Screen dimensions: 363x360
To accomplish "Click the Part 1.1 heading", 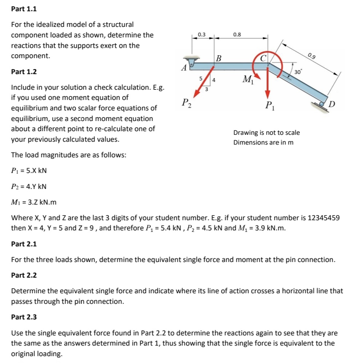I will pyautogui.click(x=24, y=9).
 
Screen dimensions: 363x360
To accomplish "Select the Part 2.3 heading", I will pyautogui.click(x=24, y=317).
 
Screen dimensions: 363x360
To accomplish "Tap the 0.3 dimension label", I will pyautogui.click(x=201, y=35).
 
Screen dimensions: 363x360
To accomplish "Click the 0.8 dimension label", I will pyautogui.click(x=237, y=35).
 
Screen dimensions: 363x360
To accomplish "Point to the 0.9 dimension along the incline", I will pyautogui.click(x=311, y=56).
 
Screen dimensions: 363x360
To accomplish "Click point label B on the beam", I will pyautogui.click(x=219, y=58).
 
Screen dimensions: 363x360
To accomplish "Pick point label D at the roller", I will pyautogui.click(x=332, y=105).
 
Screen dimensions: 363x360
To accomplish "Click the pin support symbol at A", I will pyautogui.click(x=191, y=60).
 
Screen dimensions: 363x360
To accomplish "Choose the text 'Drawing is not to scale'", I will pyautogui.click(x=266, y=133).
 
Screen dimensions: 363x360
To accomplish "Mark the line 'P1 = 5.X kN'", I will pyautogui.click(x=29, y=171).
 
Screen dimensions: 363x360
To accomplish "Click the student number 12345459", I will pyautogui.click(x=324, y=218).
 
